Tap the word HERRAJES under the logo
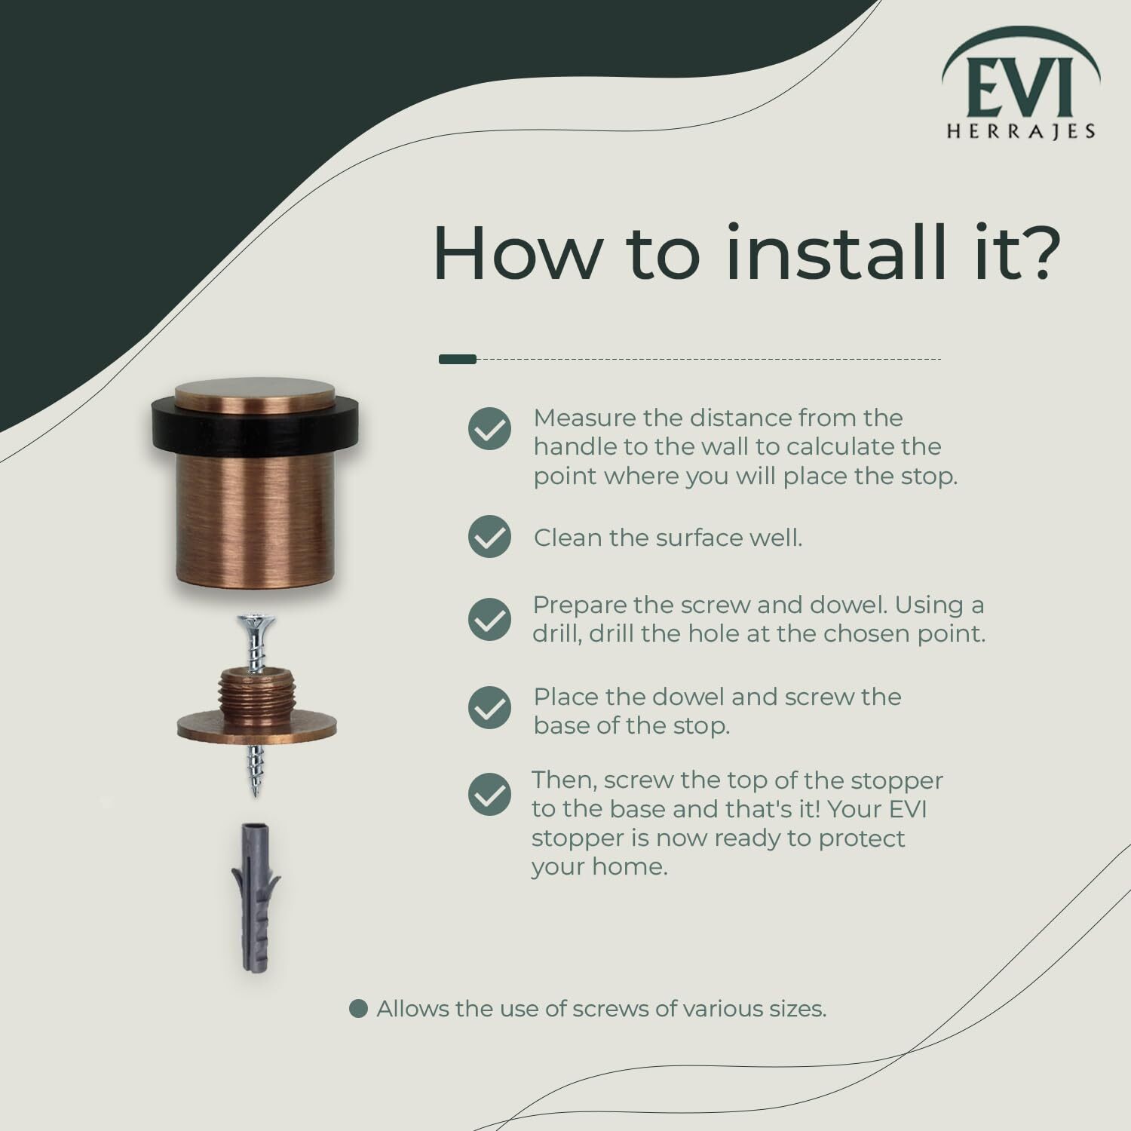pyautogui.click(x=1021, y=131)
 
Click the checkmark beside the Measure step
pyautogui.click(x=489, y=429)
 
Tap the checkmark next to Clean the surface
pyautogui.click(x=489, y=537)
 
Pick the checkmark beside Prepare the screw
pyautogui.click(x=489, y=619)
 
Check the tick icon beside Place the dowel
pyautogui.click(x=489, y=708)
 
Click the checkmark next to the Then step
pyautogui.click(x=489, y=795)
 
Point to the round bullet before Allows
pyautogui.click(x=358, y=1009)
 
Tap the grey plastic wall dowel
pyautogui.click(x=255, y=897)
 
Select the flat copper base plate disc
pyautogui.click(x=257, y=727)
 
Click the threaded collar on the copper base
pyautogui.click(x=257, y=688)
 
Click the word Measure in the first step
pyautogui.click(x=583, y=418)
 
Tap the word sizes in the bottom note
pyautogui.click(x=795, y=1009)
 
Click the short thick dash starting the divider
pyautogui.click(x=458, y=360)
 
